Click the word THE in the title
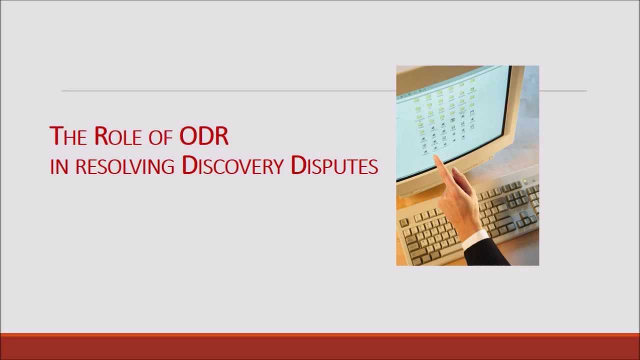[68, 136]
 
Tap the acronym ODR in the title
[204, 136]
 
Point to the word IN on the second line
[59, 166]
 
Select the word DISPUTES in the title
[334, 165]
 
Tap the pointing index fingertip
[436, 159]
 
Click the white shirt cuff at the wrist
[474, 239]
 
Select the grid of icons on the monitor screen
[445, 117]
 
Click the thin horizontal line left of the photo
[225, 91]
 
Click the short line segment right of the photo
[562, 91]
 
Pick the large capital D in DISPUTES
[298, 165]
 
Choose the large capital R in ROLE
[101, 135]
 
